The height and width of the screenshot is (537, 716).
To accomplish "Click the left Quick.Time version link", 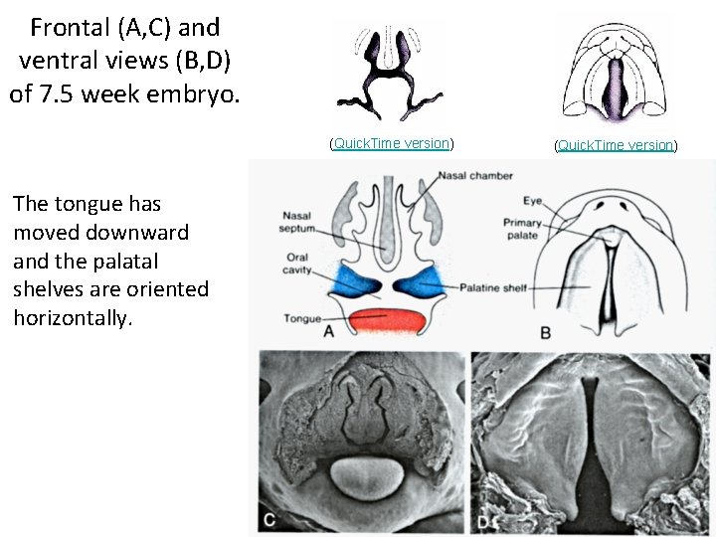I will click(x=392, y=143).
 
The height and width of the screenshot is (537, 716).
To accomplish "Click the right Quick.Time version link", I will click(x=616, y=145).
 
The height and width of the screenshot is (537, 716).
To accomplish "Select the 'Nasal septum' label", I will click(x=296, y=222).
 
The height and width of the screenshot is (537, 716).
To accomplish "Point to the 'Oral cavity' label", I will click(x=295, y=263).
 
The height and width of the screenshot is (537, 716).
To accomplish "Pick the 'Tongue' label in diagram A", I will click(x=301, y=318).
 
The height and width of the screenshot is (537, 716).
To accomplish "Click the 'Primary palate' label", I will click(x=522, y=230).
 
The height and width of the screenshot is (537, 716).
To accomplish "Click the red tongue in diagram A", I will click(x=388, y=321).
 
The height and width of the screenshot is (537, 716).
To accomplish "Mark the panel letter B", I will click(x=544, y=332).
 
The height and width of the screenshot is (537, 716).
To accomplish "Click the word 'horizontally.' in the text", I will click(x=73, y=317).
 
